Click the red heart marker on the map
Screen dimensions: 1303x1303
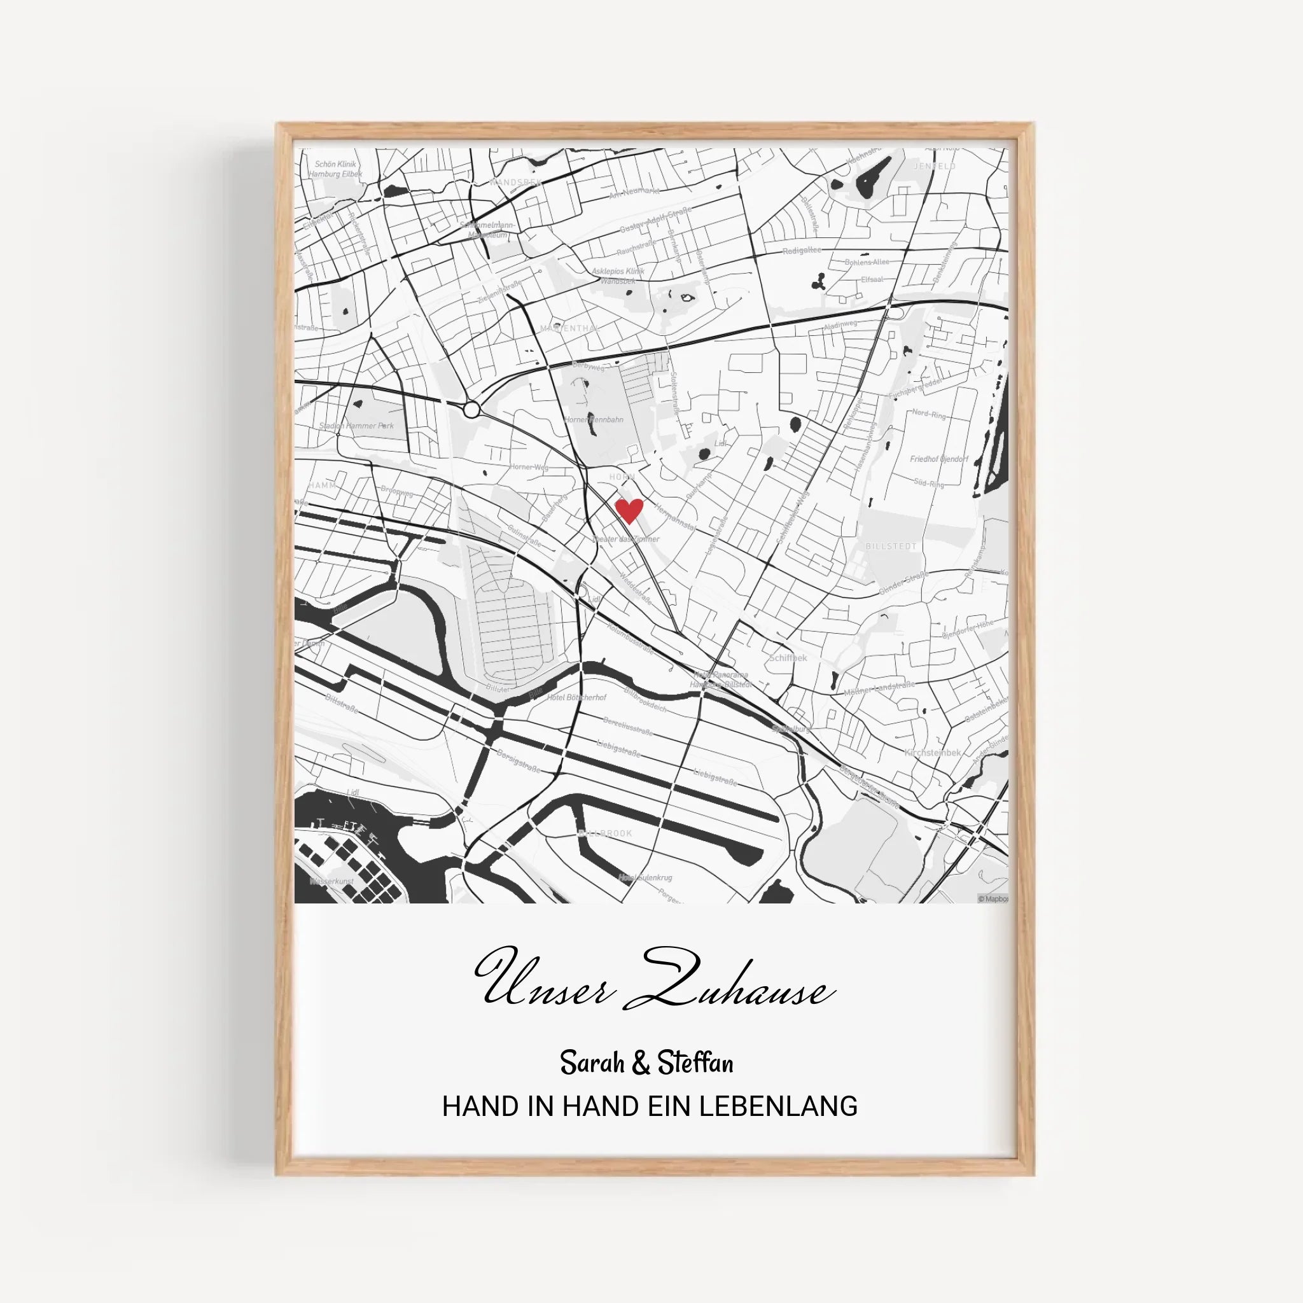click(x=629, y=510)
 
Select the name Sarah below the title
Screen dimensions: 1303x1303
click(x=592, y=1064)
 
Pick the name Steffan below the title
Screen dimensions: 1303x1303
click(x=695, y=1064)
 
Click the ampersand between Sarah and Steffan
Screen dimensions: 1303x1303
click(x=641, y=1064)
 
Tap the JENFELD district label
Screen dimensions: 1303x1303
click(x=934, y=166)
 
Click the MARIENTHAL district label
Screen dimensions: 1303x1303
click(x=569, y=328)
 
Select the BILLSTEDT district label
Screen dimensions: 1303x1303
click(x=891, y=547)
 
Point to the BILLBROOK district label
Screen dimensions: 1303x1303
click(x=606, y=833)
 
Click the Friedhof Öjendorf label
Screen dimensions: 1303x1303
click(x=939, y=459)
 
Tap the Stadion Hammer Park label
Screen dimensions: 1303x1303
click(x=356, y=426)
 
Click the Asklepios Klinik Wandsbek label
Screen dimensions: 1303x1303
click(x=618, y=275)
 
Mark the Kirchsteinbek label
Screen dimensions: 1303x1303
click(x=933, y=753)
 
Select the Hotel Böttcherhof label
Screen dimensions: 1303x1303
click(x=576, y=697)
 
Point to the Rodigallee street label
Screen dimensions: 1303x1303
click(x=802, y=250)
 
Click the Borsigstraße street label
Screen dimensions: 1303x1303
click(x=518, y=760)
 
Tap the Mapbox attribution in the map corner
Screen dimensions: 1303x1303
click(x=993, y=899)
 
